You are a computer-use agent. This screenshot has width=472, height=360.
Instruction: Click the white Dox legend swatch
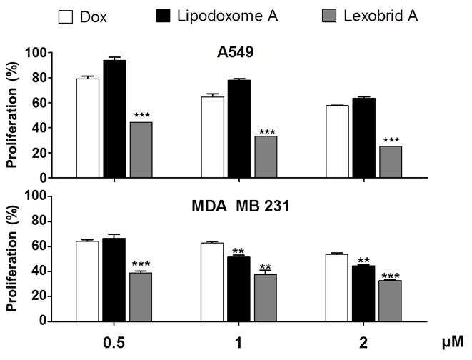(x=65, y=17)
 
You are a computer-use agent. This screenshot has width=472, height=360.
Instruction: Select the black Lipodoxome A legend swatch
(x=163, y=16)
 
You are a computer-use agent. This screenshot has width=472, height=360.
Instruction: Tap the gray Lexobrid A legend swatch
(x=329, y=16)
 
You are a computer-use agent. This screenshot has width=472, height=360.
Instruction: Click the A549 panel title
(x=236, y=52)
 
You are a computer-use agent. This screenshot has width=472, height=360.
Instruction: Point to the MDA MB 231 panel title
(x=241, y=206)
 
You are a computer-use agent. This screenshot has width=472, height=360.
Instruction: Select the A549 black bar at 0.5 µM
(x=114, y=119)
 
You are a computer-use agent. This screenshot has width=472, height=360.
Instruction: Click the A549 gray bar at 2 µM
(x=391, y=162)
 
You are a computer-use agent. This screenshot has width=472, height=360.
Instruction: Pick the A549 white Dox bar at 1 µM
(x=213, y=137)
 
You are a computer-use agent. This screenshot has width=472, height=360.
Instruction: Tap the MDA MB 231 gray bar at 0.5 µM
(x=141, y=297)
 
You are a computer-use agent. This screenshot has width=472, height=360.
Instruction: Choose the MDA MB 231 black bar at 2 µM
(x=363, y=294)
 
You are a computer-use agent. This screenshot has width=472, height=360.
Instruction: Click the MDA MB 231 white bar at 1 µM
(x=212, y=282)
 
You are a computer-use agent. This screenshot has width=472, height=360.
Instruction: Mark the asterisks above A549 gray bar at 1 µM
(x=267, y=132)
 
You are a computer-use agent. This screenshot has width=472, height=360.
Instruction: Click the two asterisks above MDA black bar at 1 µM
(x=238, y=251)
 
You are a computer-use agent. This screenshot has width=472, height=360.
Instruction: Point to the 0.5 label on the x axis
(x=114, y=343)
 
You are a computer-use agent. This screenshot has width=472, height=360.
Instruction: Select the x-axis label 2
(x=363, y=343)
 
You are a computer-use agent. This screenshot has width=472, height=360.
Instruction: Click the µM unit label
(x=453, y=343)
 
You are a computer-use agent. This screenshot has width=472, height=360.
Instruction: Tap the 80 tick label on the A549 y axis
(x=39, y=78)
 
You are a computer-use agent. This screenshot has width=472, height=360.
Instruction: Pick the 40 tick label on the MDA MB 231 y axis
(x=39, y=271)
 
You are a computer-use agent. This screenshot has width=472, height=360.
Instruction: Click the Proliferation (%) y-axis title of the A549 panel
(x=13, y=115)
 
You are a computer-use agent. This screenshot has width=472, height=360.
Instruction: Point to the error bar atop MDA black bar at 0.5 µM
(x=114, y=236)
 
